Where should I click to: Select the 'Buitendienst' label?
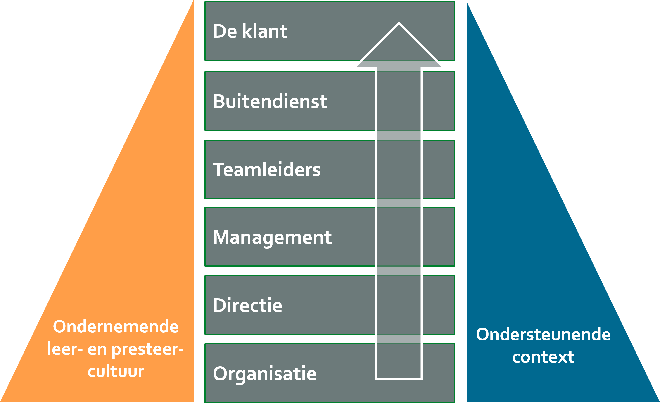point(270,102)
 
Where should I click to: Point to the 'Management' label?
point(272,238)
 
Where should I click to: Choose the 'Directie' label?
point(247,305)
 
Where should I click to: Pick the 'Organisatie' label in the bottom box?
point(264,374)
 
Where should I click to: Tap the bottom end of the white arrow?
point(399,378)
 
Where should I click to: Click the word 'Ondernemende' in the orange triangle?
point(116,327)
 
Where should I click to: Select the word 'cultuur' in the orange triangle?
point(116,371)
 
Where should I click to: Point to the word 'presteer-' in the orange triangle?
point(147,349)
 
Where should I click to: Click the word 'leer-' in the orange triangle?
point(65,349)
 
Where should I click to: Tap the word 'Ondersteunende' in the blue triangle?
point(543,335)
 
